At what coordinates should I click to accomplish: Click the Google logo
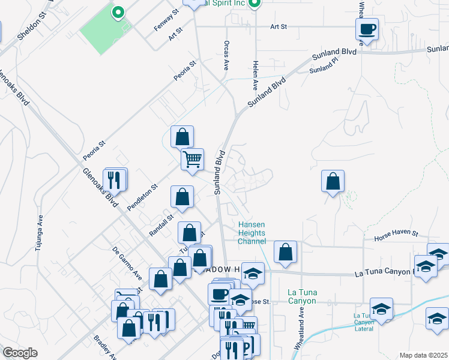coord(20,353)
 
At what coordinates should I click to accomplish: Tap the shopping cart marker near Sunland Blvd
coord(192,160)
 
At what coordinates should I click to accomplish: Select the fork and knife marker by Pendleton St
coord(115,179)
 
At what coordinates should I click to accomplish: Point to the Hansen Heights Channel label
coord(252,233)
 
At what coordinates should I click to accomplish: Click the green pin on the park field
coord(118,11)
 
